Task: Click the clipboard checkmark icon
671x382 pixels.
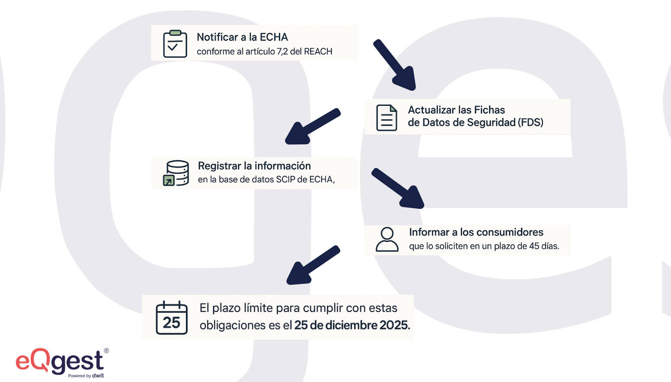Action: coord(175,44)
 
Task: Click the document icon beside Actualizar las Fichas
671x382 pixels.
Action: coord(387,118)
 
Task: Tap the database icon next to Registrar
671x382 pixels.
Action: coord(176,173)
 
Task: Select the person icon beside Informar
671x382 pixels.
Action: coord(387,239)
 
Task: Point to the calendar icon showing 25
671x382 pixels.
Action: coord(172,318)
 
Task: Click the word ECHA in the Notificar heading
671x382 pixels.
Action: coord(274,37)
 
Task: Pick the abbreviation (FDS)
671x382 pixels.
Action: coord(530,122)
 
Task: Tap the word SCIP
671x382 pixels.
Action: coord(285,179)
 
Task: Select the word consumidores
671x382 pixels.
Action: coord(513,232)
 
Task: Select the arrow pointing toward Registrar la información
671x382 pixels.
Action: coord(312,127)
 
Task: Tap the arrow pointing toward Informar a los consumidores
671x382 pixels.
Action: coord(398,188)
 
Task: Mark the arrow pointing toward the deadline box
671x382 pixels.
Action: coord(313,265)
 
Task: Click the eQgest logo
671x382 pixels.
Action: coord(60,362)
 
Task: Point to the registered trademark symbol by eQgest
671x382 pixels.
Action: coord(106,351)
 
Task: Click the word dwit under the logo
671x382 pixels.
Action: coord(98,376)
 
